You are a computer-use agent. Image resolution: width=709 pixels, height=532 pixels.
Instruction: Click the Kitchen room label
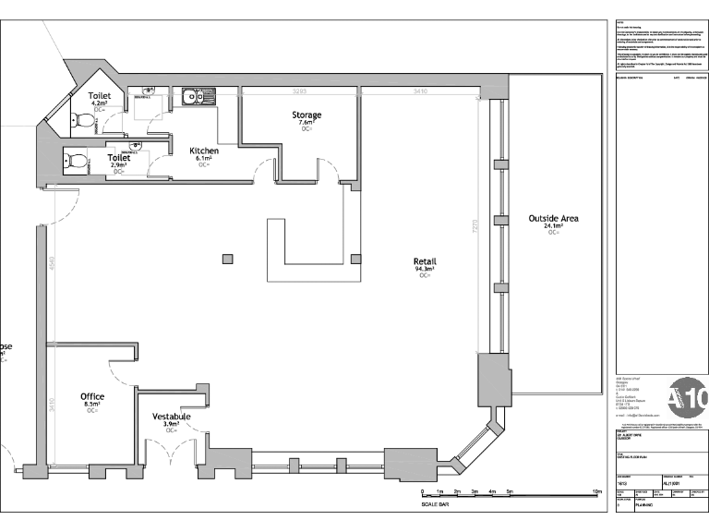[204, 151]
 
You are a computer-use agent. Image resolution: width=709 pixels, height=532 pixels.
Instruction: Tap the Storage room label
[307, 115]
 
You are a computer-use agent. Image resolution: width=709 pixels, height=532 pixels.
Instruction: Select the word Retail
[425, 261]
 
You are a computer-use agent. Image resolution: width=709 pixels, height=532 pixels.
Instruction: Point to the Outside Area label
[553, 218]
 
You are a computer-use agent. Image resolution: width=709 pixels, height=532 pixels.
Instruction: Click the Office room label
[92, 396]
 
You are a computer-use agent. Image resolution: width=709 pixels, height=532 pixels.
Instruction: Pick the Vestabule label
[172, 417]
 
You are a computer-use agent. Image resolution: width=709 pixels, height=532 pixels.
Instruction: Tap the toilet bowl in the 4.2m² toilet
[86, 120]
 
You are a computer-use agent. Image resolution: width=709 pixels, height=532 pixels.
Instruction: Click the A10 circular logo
[688, 398]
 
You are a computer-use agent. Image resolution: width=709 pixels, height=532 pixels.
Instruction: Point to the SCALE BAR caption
[437, 503]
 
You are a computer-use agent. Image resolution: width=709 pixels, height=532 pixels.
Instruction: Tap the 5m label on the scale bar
[510, 491]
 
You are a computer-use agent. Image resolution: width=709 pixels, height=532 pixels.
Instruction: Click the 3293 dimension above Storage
[299, 92]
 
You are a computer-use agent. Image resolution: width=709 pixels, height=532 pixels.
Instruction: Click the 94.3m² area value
[425, 269]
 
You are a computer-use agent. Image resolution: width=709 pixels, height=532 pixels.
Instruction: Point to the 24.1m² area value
[553, 226]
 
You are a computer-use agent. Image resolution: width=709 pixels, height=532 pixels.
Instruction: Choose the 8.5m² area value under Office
[92, 404]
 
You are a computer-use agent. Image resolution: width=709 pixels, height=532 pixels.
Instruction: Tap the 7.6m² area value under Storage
[307, 123]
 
